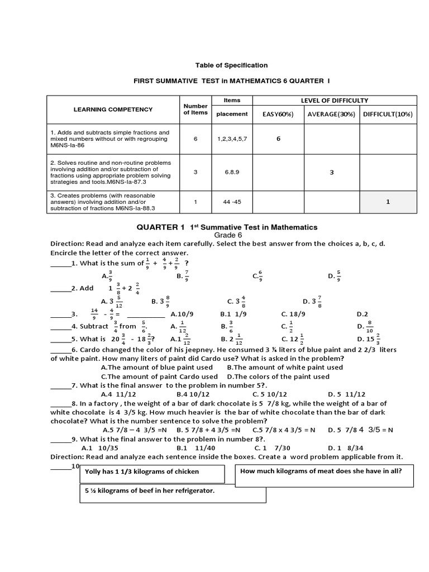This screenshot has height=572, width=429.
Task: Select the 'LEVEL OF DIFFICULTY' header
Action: click(334, 100)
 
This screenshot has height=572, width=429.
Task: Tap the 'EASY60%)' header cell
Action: click(278, 115)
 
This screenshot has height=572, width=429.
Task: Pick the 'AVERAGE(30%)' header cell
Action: click(331, 115)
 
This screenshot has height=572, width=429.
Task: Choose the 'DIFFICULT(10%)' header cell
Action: click(387, 115)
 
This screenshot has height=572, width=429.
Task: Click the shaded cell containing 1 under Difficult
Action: click(387, 203)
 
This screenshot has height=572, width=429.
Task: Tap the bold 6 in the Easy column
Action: click(278, 139)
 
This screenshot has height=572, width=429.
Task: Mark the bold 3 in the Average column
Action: click(331, 173)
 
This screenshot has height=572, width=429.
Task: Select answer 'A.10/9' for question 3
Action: click(182, 314)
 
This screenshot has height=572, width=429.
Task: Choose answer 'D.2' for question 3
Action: click(362, 314)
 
